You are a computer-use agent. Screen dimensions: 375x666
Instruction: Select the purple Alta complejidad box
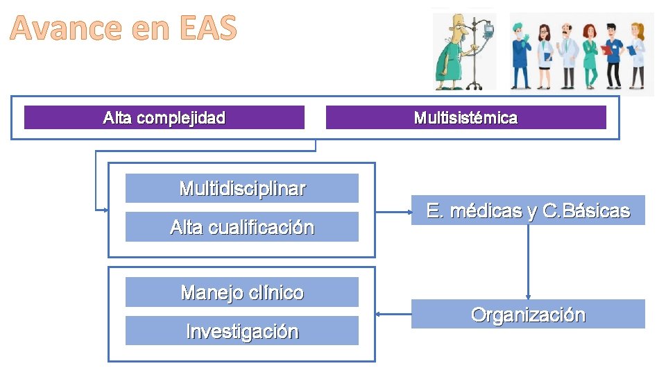tap(164, 117)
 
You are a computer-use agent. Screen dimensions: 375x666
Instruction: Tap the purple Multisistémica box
tap(466, 117)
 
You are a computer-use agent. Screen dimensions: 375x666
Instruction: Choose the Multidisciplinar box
tap(241, 188)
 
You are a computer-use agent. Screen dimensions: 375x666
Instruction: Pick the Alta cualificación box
tap(241, 227)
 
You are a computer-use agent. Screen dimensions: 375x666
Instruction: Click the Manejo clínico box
tap(241, 292)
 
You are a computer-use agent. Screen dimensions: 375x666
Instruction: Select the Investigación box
tap(241, 331)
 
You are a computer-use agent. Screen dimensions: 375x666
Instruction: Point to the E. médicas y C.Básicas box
tap(528, 210)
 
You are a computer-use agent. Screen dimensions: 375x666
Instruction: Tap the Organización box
tap(528, 315)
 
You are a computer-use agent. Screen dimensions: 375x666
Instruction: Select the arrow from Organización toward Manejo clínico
tap(393, 314)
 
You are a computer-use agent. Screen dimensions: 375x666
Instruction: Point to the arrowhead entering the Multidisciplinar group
tap(105, 209)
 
